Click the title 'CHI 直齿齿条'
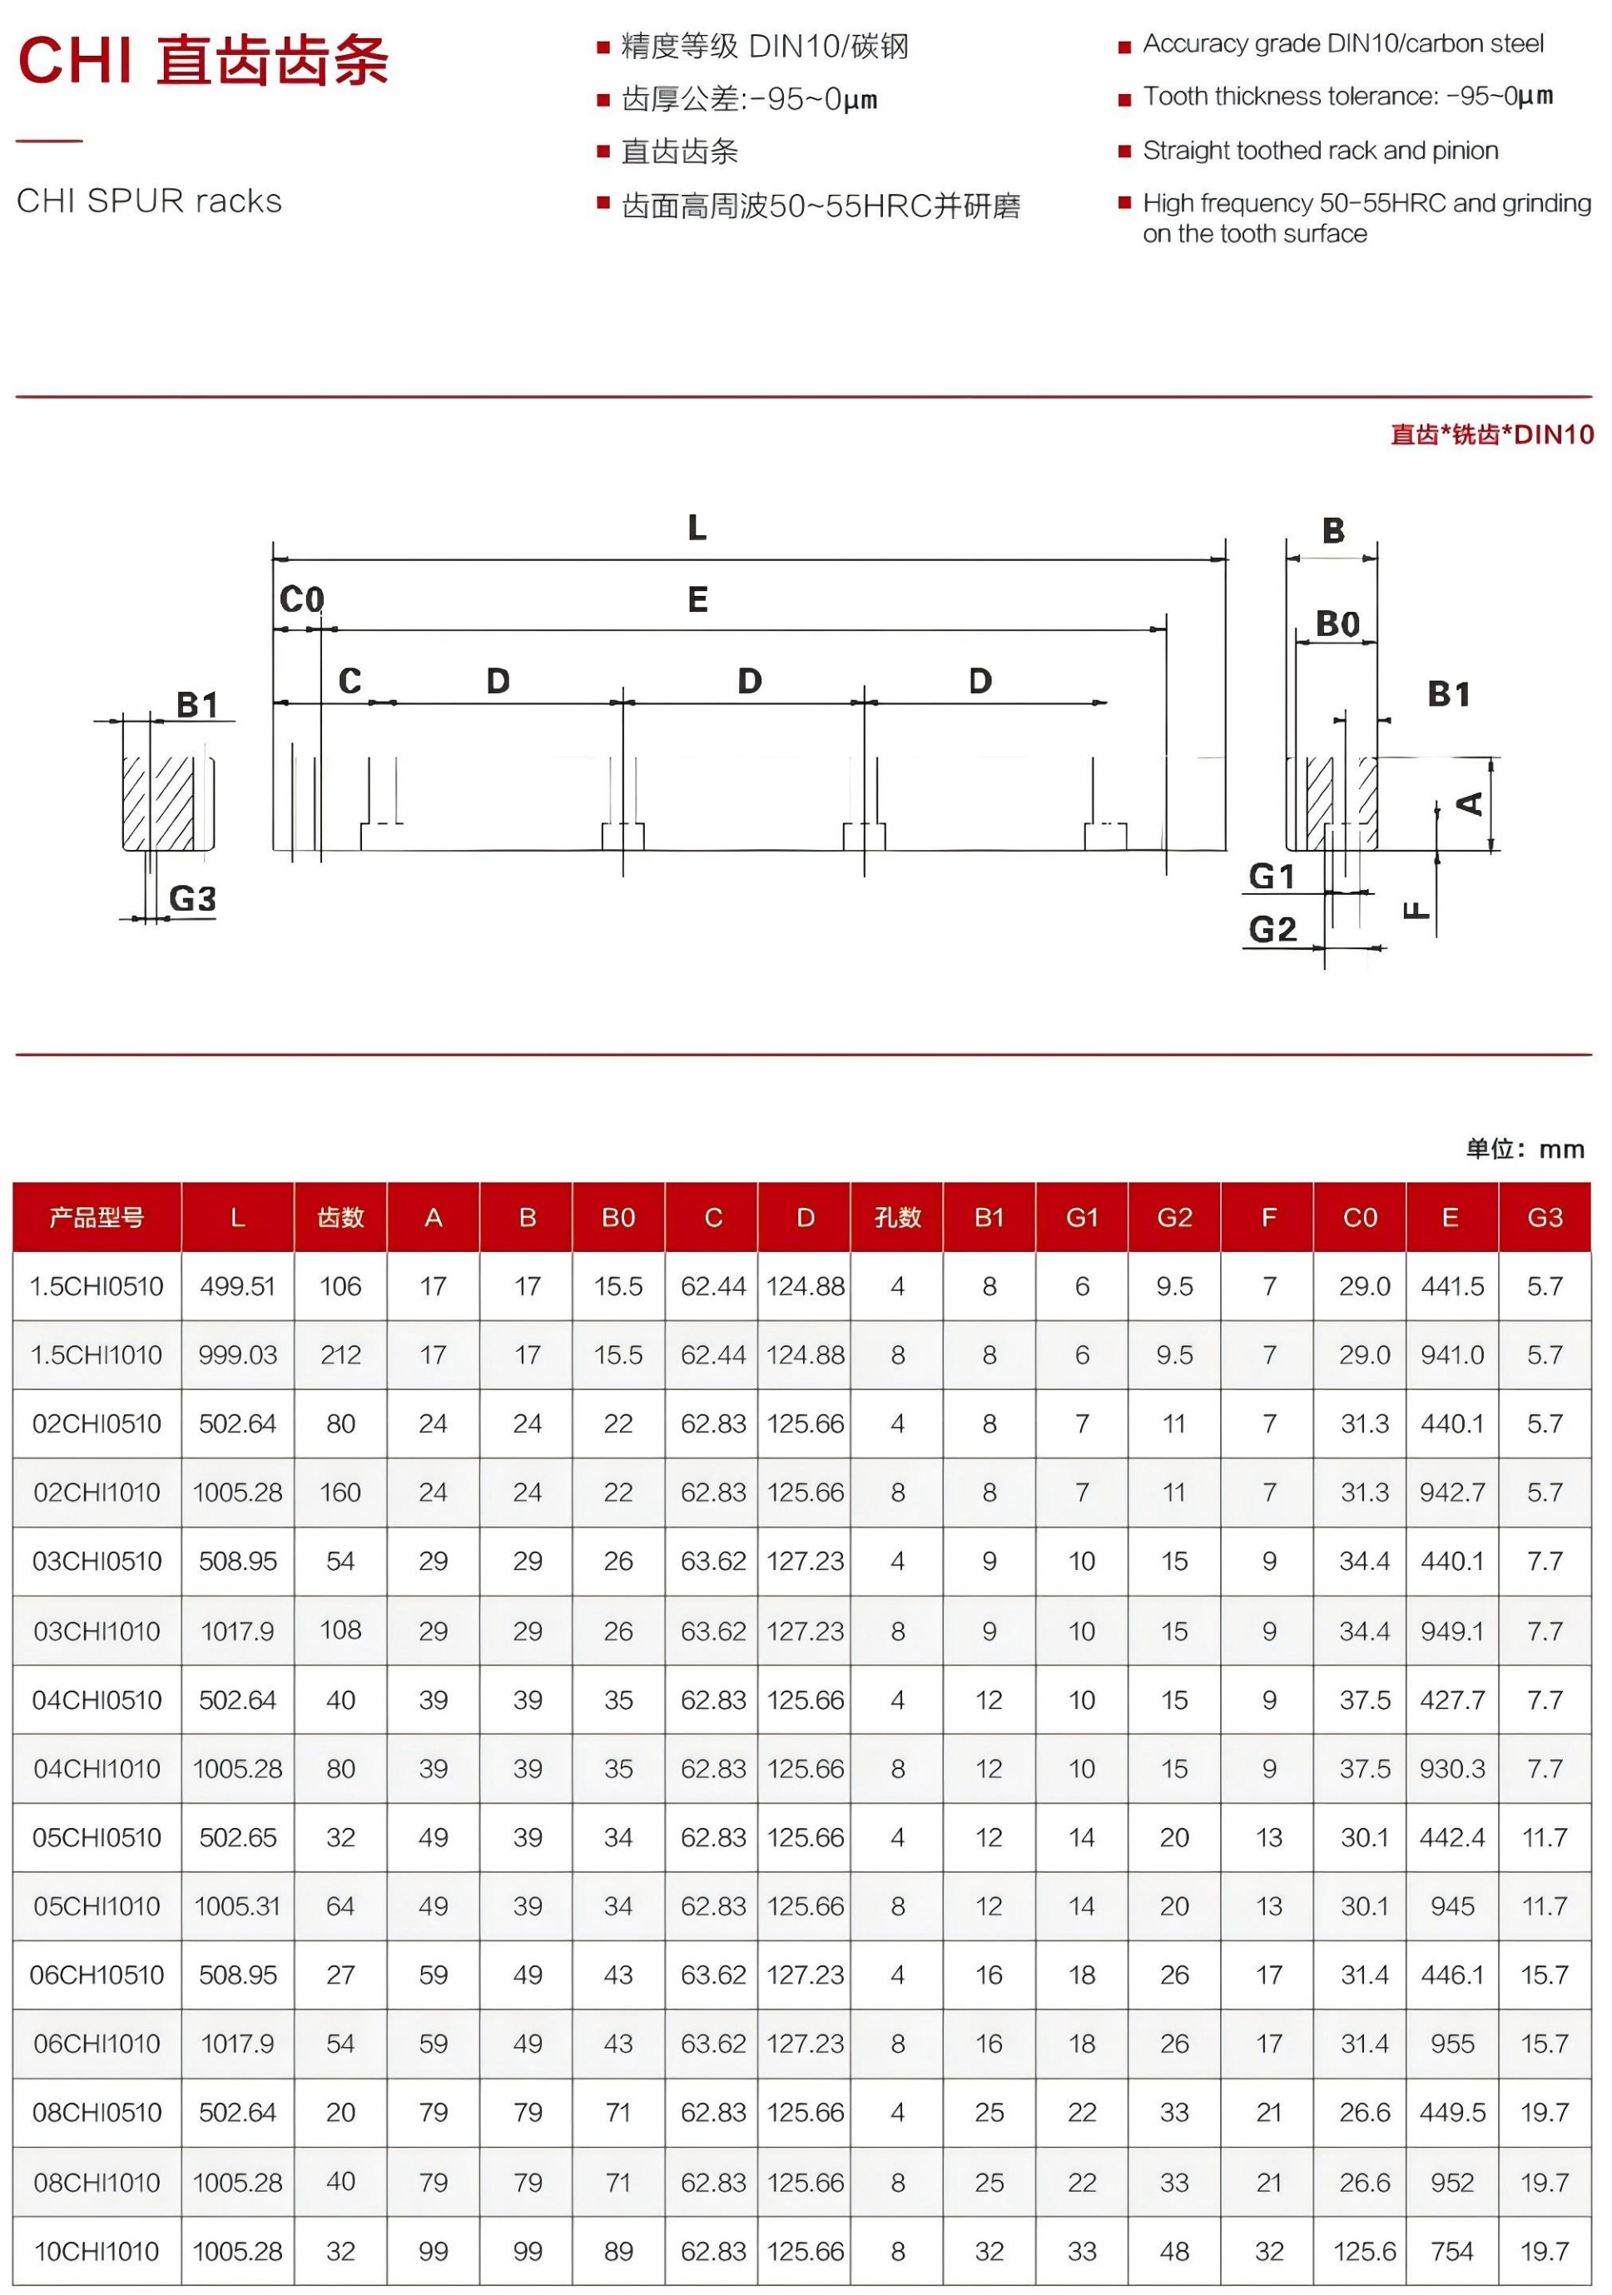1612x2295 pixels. click(203, 60)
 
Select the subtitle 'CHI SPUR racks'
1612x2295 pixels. click(149, 201)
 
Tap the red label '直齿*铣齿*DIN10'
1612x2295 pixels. click(1491, 435)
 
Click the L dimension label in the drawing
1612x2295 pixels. click(697, 528)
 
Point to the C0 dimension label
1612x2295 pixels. click(300, 599)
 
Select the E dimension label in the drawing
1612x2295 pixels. click(697, 599)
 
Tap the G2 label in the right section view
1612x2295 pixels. click(1272, 930)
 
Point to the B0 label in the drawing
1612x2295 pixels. click(1337, 623)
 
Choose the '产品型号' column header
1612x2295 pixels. click(97, 1218)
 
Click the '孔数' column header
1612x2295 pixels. click(896, 1218)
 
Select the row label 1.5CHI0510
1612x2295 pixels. click(97, 1286)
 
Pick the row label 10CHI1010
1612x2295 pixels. click(97, 2251)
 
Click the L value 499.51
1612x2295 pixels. click(237, 1286)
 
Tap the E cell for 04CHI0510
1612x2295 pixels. click(1451, 1701)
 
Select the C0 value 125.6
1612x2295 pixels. click(1364, 2251)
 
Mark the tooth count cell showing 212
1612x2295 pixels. click(340, 1355)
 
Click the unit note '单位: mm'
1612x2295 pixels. click(1524, 1150)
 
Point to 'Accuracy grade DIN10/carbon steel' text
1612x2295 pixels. click(1342, 44)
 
